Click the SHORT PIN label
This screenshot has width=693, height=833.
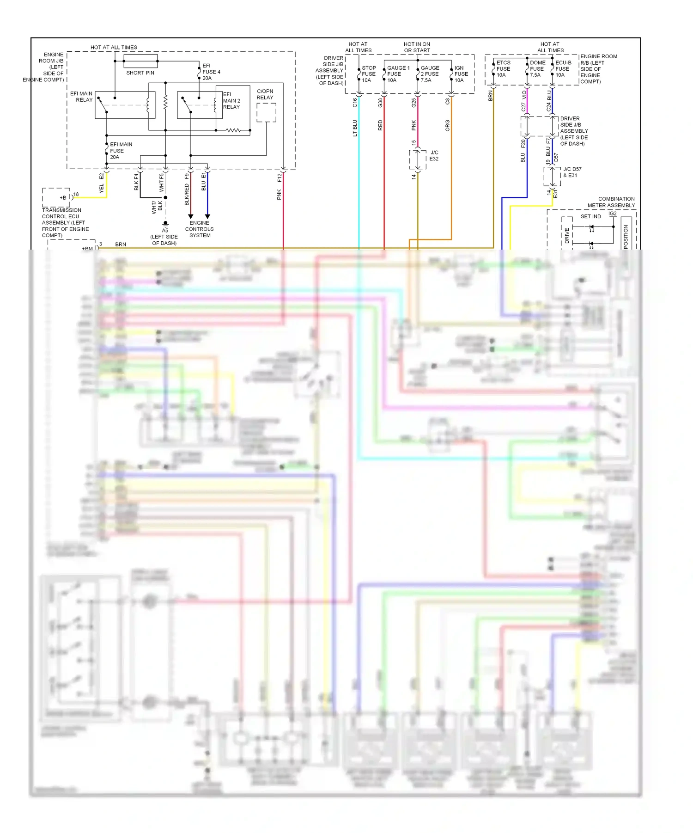[140, 73]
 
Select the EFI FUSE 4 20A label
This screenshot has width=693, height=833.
[211, 72]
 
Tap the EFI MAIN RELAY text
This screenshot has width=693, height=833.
[81, 97]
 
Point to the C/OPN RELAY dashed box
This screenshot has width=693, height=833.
[266, 112]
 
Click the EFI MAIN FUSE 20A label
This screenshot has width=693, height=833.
[121, 151]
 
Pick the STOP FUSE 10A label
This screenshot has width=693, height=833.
[368, 74]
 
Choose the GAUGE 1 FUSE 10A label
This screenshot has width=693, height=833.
[397, 74]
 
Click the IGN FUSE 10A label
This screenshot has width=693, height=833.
[461, 74]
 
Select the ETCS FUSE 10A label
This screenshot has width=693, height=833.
[503, 68]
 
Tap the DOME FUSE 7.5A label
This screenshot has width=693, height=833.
[537, 68]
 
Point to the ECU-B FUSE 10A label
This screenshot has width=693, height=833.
[563, 68]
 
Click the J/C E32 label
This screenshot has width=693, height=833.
[434, 155]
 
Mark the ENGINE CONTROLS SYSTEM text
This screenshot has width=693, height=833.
[199, 229]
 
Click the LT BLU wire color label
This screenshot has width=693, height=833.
[355, 128]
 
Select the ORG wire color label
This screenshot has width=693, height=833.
[447, 126]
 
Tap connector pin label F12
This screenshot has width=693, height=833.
[279, 178]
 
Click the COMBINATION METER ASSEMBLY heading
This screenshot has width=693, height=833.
[611, 202]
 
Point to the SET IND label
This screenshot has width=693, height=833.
[590, 216]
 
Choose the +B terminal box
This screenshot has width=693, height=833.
[56, 197]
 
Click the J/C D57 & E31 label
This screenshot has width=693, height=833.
[572, 172]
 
